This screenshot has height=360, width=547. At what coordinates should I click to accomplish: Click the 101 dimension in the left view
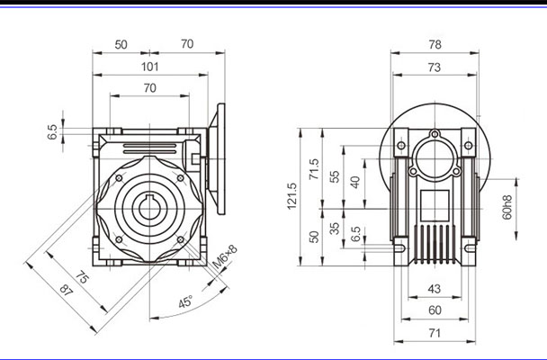(x=149, y=66)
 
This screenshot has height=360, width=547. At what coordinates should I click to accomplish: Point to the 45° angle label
(x=185, y=303)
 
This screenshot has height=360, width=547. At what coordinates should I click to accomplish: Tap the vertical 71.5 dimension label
(x=314, y=168)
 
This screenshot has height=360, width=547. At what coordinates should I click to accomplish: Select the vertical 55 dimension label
(x=336, y=177)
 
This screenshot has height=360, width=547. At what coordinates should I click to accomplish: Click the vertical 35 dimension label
(x=336, y=229)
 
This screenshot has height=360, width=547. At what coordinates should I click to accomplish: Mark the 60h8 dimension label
(x=508, y=208)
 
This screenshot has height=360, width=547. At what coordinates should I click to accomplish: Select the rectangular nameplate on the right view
(x=435, y=202)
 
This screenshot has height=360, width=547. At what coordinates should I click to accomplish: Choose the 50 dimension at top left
(x=120, y=43)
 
